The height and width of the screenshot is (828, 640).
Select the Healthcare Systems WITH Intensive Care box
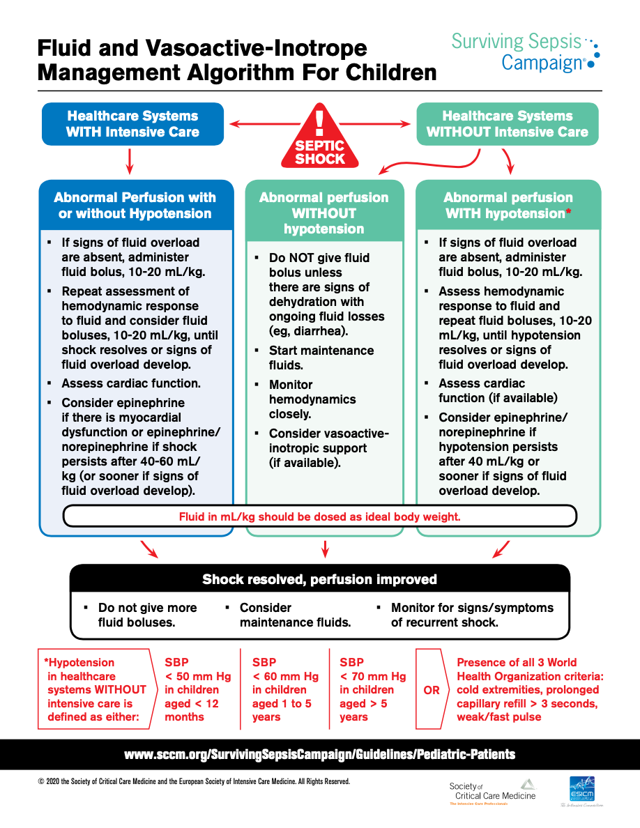point(132,124)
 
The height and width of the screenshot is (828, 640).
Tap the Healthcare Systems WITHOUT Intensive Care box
point(507,124)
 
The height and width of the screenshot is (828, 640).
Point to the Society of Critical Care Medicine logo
point(492,792)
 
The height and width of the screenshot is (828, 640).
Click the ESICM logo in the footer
point(581,790)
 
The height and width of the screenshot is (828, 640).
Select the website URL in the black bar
point(320,754)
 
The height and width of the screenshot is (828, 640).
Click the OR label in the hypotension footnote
point(432,690)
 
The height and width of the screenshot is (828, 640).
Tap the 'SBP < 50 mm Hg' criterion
point(197,689)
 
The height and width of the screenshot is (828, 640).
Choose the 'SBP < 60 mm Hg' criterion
point(284,689)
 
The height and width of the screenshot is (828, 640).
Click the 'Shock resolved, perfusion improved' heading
point(320,579)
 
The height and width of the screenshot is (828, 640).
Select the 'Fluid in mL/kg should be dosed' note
point(320,516)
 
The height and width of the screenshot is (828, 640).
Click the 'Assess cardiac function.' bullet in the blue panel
point(131,383)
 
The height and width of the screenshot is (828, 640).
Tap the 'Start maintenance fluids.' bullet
point(321,357)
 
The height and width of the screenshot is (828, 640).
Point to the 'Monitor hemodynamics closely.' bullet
point(312,399)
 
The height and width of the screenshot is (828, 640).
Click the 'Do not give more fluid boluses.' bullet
point(147,615)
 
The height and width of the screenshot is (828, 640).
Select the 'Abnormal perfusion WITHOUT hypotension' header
point(324,213)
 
